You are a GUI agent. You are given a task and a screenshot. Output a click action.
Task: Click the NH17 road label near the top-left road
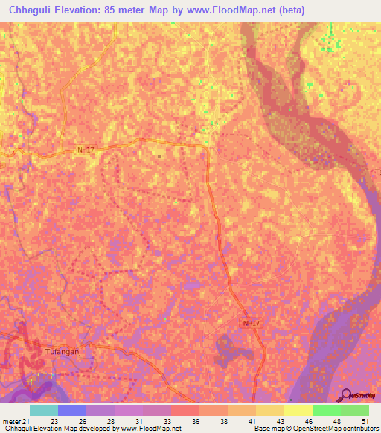click(x=86, y=150)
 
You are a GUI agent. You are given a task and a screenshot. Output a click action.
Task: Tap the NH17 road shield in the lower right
click(x=252, y=323)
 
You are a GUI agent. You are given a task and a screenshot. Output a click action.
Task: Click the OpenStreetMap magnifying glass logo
click(x=344, y=396)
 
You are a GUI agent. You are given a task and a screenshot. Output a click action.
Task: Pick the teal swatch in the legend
click(x=44, y=410)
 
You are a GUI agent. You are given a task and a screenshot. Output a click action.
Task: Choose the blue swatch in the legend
click(x=72, y=410)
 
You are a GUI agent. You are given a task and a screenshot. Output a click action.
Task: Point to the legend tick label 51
click(x=365, y=420)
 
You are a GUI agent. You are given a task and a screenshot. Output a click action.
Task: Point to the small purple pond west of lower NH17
click(x=192, y=286)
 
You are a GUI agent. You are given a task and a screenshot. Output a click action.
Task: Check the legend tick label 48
click(x=336, y=420)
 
